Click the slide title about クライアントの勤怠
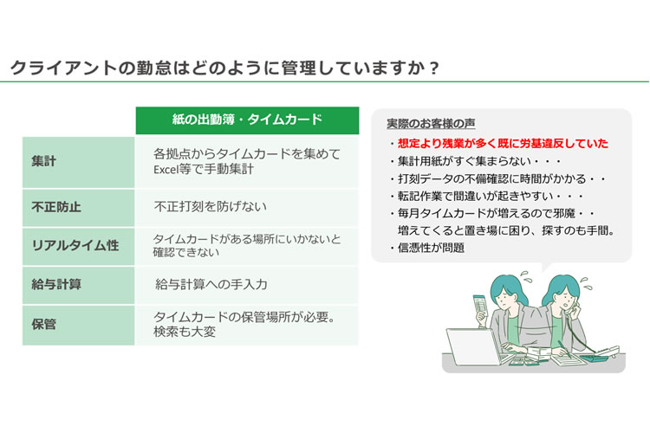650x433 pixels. [x=224, y=68]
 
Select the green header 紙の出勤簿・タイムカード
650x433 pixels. [x=248, y=120]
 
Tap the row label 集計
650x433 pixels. [x=43, y=161]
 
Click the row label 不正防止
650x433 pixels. [x=56, y=207]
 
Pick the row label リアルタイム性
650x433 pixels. [x=75, y=245]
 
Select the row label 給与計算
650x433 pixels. [x=56, y=284]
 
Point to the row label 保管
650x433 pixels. [x=43, y=324]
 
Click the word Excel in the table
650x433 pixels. [x=166, y=170]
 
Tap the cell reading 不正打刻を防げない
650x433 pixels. [x=211, y=206]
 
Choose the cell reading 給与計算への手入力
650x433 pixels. [x=211, y=284]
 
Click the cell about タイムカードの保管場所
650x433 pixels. [x=244, y=325]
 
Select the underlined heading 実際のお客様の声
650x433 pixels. [x=431, y=124]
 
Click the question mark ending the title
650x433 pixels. [x=433, y=68]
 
